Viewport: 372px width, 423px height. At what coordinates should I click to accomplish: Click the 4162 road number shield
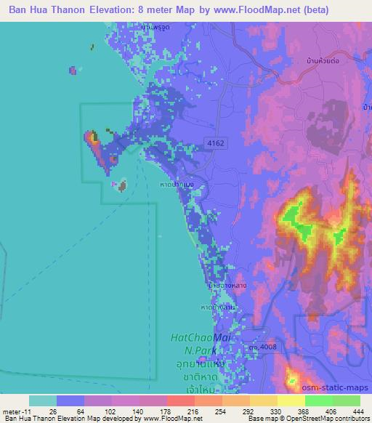[x=214, y=143]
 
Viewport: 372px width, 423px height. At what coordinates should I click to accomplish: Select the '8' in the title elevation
[x=163, y=10]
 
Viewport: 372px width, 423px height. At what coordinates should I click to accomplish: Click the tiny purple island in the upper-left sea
[x=73, y=70]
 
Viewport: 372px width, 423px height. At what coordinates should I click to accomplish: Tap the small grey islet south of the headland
[x=122, y=185]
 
